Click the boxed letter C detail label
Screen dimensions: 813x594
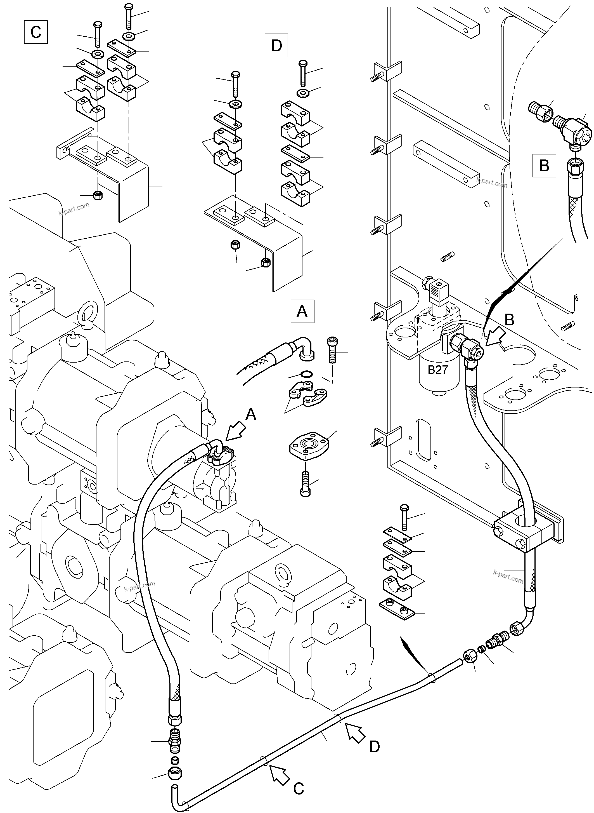(x=36, y=32)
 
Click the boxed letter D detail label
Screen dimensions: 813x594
(x=276, y=45)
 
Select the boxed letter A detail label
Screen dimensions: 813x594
(x=302, y=311)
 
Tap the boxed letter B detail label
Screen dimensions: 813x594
(x=544, y=166)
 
